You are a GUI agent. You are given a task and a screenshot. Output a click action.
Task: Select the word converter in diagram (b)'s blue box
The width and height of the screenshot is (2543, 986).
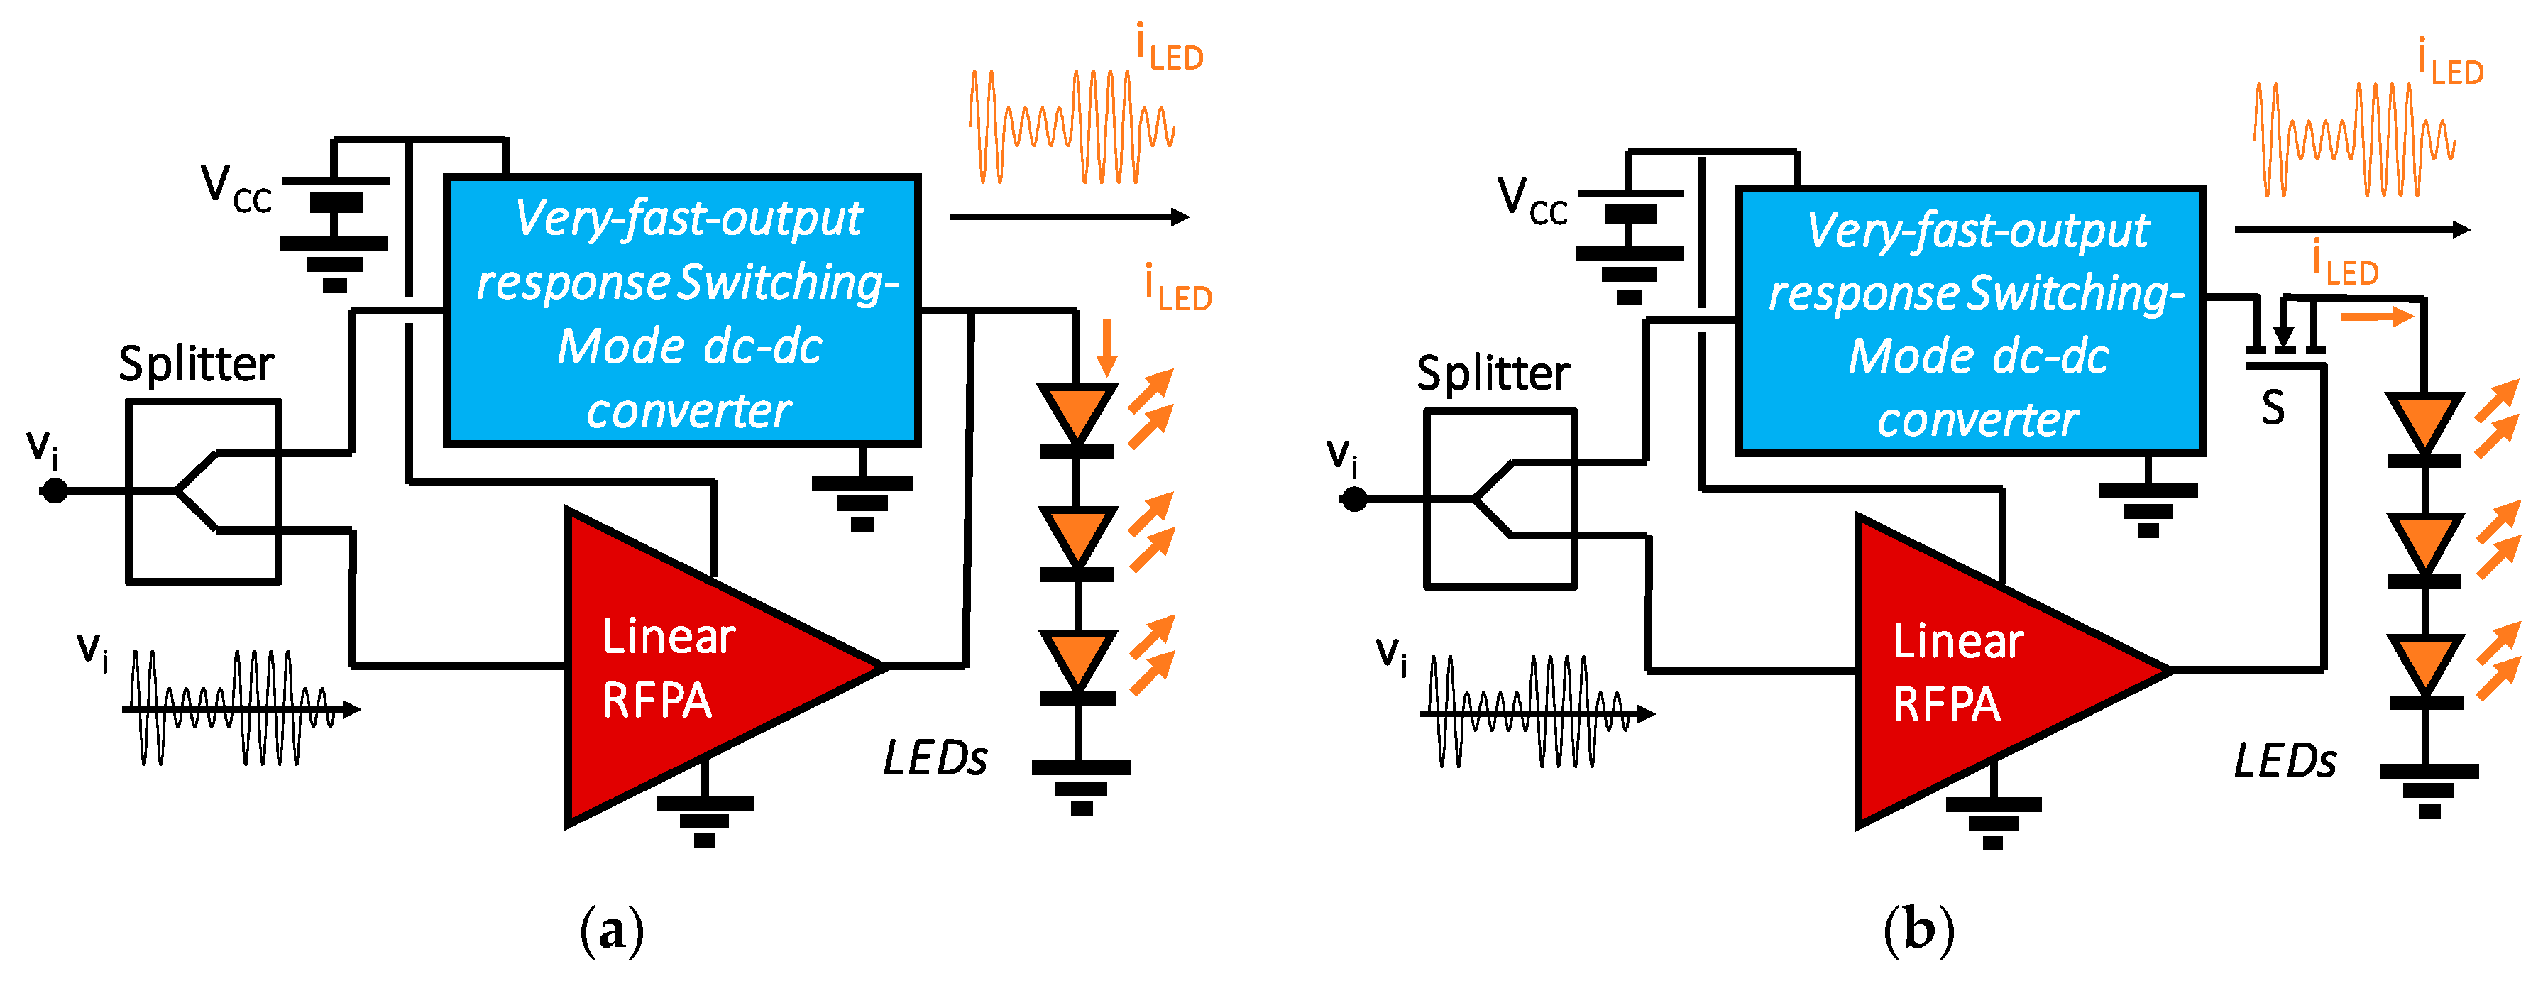(x=1977, y=420)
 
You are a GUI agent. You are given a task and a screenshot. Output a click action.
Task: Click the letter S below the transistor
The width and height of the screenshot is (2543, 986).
(x=2273, y=407)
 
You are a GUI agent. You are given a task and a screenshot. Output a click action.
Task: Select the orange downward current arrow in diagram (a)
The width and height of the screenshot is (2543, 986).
(x=1106, y=347)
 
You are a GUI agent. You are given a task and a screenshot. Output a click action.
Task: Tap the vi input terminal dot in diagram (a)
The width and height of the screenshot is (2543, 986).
(x=55, y=490)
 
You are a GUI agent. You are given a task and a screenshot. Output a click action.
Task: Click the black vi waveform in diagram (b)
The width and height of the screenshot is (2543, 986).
(x=1530, y=711)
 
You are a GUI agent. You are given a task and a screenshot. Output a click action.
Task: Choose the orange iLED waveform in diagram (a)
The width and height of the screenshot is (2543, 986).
(x=1071, y=126)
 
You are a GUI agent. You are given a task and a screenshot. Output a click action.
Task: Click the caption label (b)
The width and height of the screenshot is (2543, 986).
(x=1918, y=931)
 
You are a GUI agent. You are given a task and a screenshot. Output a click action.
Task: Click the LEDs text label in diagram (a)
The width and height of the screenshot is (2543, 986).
(x=934, y=759)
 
